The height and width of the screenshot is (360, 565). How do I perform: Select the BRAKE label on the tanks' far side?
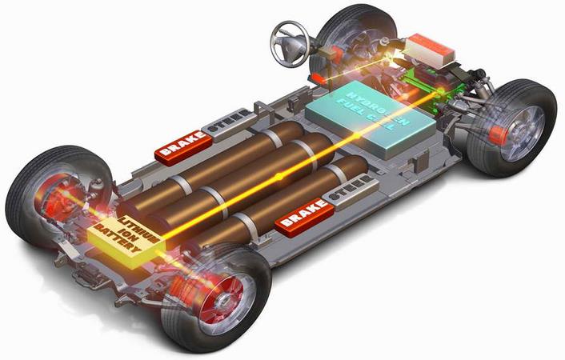pyautogui.click(x=185, y=145)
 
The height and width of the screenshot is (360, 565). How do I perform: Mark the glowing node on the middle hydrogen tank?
pyautogui.click(x=278, y=174)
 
